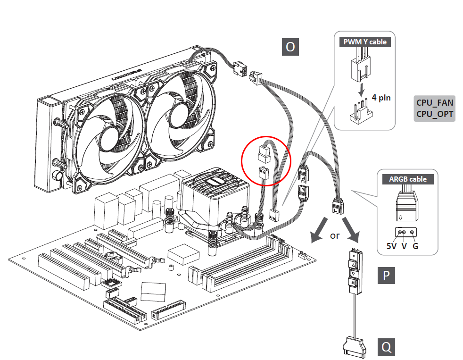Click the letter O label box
pyautogui.click(x=290, y=47)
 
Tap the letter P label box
pyautogui.click(x=387, y=275)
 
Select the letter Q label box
pyautogui.click(x=387, y=347)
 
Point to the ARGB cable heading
pyautogui.click(x=408, y=179)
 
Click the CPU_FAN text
pyautogui.click(x=434, y=102)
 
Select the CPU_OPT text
pyautogui.click(x=434, y=114)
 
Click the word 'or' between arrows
pyautogui.click(x=335, y=235)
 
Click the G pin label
pyautogui.click(x=415, y=246)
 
